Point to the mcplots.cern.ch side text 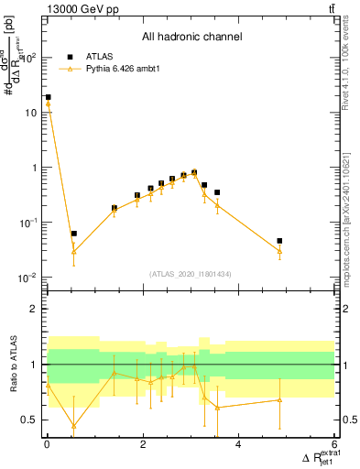tap(348, 229)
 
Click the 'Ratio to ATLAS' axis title tap(13, 364)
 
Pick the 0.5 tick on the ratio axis tap(29, 420)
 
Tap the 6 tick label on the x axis tap(334, 445)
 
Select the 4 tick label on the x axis tap(238, 445)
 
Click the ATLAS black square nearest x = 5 tap(280, 241)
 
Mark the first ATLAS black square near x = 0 tap(48, 97)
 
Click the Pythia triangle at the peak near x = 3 tap(194, 173)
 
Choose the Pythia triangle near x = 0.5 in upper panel tap(73, 252)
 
